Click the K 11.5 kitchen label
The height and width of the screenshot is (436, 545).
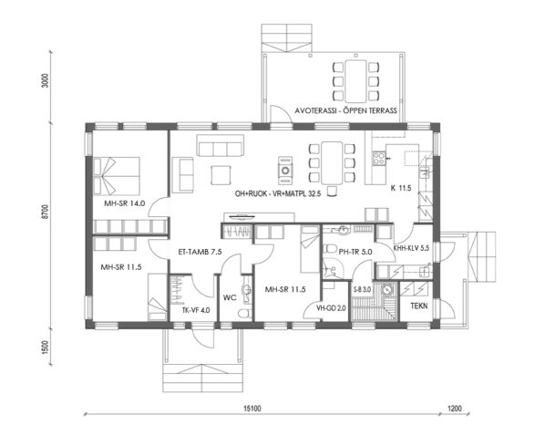402,188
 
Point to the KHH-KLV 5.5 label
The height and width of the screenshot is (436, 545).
410,248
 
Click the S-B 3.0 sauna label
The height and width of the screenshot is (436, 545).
362,290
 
